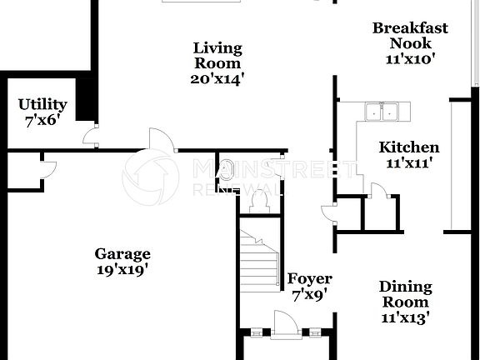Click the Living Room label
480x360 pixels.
coord(217,55)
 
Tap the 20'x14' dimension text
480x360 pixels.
coord(217,78)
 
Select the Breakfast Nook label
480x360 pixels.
coord(410,35)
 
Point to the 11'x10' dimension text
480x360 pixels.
coord(410,59)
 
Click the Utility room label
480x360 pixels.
coord(42,104)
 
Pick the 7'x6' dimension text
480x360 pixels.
coord(42,120)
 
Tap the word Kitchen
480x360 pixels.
coord(409,147)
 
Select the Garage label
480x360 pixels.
coord(122,254)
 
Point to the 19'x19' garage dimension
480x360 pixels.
coord(122,269)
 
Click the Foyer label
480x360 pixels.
coord(310,278)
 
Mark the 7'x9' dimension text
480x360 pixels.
coord(310,294)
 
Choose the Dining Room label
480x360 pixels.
coord(406,294)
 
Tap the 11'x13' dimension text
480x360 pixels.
coord(406,317)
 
